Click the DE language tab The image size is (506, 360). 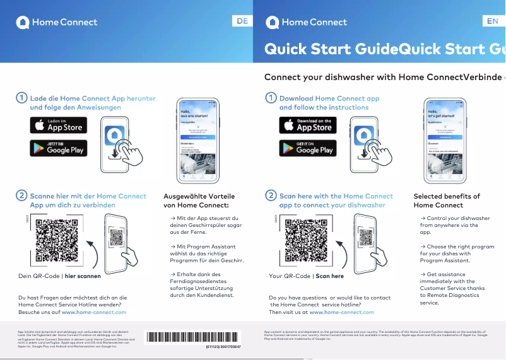242,21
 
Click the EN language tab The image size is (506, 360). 493,21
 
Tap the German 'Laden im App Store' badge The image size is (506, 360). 59,125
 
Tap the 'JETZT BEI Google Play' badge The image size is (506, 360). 59,148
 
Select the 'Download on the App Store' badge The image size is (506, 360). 308,125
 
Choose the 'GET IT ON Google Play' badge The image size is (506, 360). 308,148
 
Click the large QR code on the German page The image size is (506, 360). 57,240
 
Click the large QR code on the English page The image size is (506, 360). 307,240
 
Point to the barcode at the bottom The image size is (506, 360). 193,337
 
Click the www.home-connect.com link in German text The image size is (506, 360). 94,312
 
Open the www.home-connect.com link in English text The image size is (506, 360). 341,312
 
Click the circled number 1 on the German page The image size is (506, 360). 21,98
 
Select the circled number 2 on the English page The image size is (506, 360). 271,196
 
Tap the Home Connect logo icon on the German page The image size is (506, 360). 23,22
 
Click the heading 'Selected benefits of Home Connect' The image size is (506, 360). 447,200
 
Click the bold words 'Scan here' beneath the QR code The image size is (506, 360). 330,276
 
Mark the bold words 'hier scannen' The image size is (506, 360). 83,276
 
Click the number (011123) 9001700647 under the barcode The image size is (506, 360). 222,347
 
